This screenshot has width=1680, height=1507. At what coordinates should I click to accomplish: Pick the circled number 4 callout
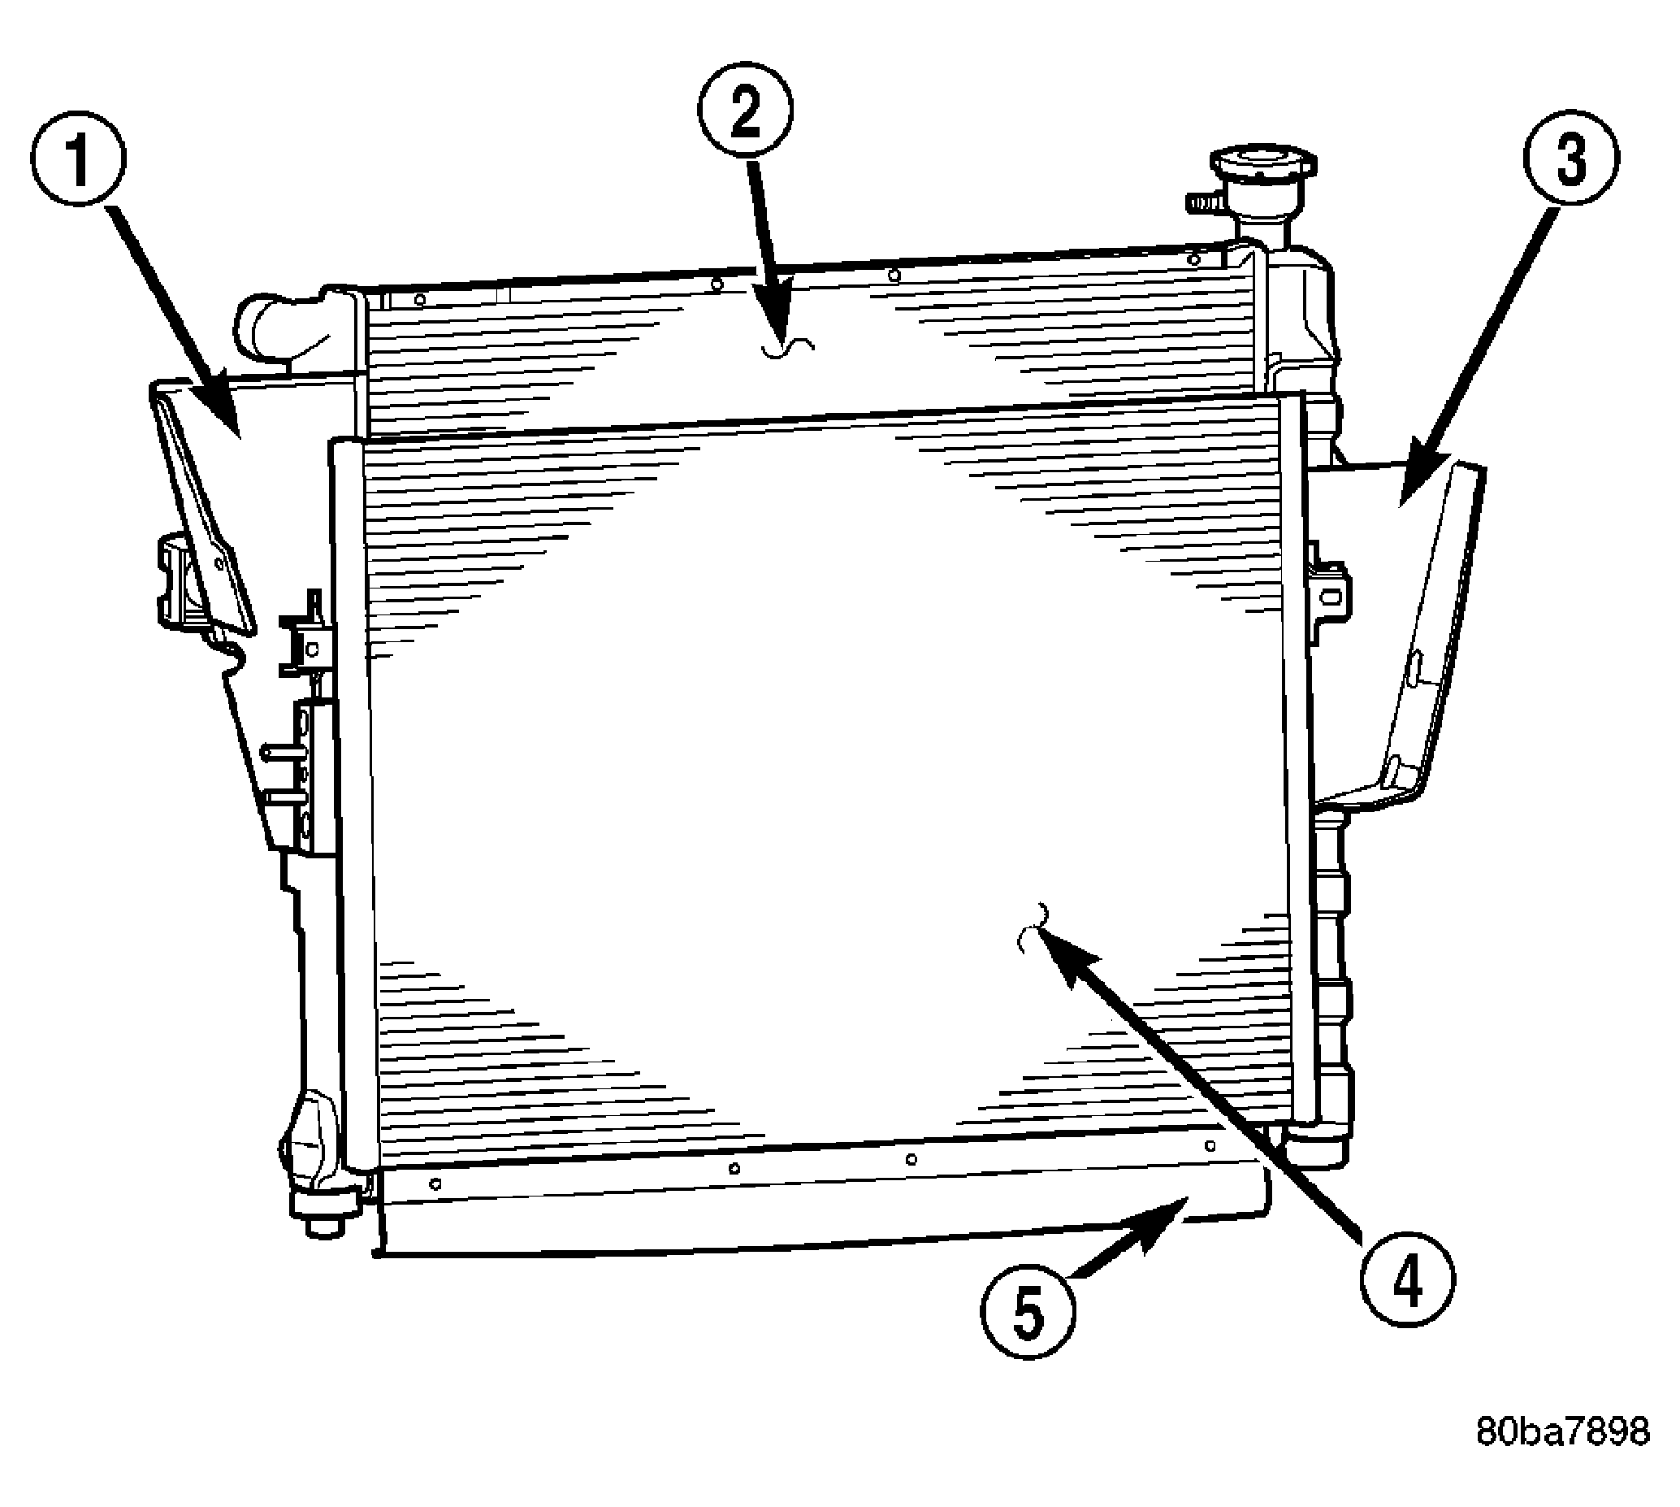(x=1407, y=1281)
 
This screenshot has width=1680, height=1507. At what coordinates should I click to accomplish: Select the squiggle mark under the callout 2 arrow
(x=788, y=348)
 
